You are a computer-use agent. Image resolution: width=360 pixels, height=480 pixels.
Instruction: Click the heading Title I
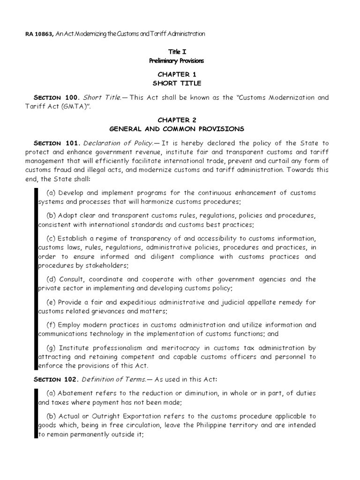(x=177, y=52)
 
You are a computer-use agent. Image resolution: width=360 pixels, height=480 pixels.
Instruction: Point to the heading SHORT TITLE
(x=177, y=83)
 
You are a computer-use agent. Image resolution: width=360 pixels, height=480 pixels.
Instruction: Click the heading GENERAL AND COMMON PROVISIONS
(x=177, y=129)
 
